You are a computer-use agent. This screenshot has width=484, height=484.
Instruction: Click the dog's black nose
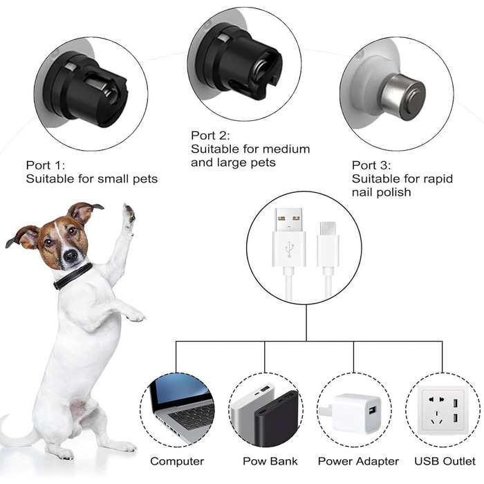[x=71, y=256]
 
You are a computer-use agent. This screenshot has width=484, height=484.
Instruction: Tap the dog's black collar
[x=73, y=277]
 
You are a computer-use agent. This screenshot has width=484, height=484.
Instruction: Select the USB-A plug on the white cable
[x=289, y=238]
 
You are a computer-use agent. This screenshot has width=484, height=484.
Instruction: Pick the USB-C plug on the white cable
[x=328, y=245]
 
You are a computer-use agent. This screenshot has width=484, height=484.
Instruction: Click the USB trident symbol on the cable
[x=289, y=249]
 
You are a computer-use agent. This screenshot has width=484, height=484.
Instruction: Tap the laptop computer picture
[x=181, y=408]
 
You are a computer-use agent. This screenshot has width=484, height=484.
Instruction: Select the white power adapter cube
[x=357, y=413]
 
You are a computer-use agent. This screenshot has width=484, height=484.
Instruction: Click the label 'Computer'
[x=177, y=461]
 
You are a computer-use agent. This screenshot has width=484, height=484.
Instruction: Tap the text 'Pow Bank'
[x=270, y=461]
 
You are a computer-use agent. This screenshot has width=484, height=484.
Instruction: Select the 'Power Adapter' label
[x=358, y=461]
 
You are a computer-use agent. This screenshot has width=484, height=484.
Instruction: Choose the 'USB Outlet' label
[x=445, y=461]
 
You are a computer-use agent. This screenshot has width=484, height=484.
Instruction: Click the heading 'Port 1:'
[x=46, y=165]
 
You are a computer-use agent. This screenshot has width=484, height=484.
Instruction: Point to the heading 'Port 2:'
[x=210, y=136]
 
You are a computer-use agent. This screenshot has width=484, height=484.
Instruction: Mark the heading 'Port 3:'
[x=371, y=165]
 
